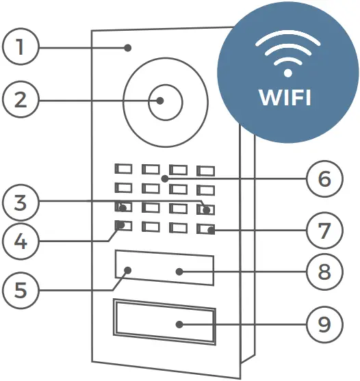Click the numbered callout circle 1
21,47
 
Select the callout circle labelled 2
21,99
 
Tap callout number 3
21,203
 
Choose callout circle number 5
21,290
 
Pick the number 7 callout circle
324,231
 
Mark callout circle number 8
324,272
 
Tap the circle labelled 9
324,324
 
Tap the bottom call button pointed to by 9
164,323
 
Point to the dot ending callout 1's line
128,47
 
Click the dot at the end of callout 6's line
165,179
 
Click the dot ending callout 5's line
128,271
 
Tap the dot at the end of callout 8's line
179,272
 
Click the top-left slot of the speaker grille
123,168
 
